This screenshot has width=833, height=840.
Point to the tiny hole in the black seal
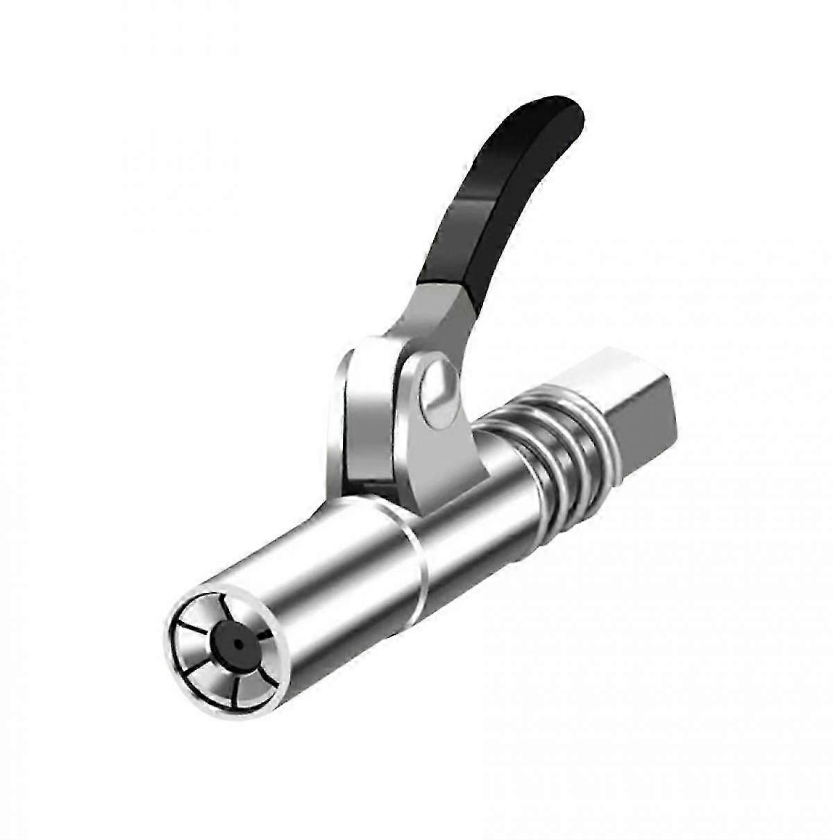click(238, 646)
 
